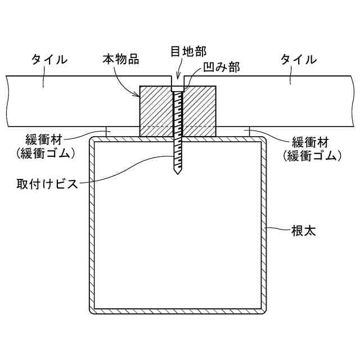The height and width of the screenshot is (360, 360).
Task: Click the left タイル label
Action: tap(49, 59)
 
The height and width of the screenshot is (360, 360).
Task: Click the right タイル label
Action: tap(298, 59)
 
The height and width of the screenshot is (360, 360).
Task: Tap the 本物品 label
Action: tap(121, 58)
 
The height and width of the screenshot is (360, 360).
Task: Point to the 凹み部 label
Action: tap(222, 68)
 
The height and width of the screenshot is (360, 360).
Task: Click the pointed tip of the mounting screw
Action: tap(177, 175)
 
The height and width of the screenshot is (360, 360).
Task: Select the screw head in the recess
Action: tap(177, 88)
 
